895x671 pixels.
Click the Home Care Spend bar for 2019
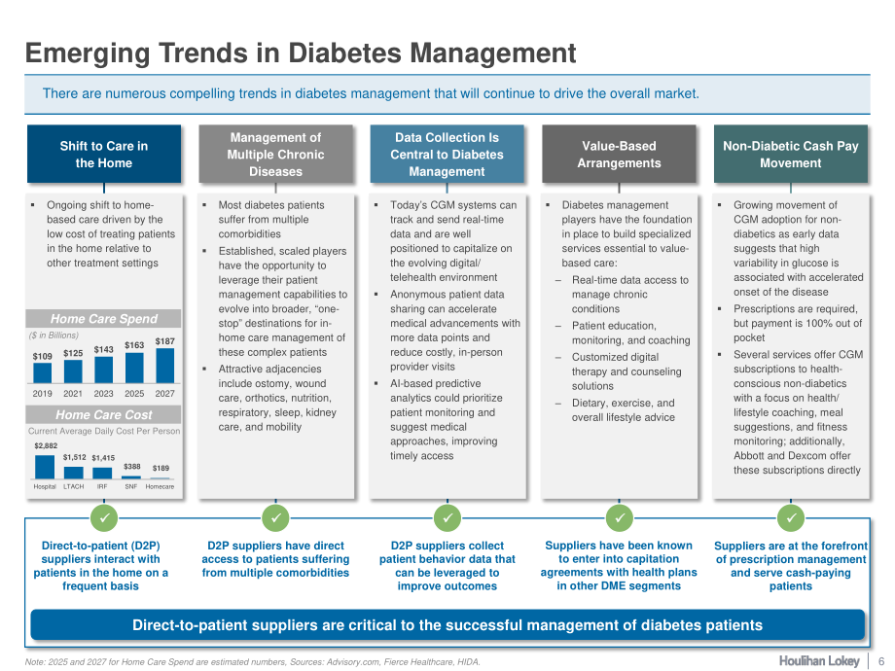click(42, 373)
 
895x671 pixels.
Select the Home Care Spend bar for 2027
click(165, 366)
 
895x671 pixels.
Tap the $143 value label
click(103, 349)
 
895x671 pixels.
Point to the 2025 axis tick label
click(134, 393)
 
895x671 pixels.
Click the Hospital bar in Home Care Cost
click(45, 467)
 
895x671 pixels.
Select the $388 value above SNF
click(132, 466)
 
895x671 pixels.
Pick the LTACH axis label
click(74, 486)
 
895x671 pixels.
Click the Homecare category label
click(160, 486)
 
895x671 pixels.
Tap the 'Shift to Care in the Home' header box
click(104, 154)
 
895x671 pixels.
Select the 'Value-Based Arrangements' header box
click(619, 154)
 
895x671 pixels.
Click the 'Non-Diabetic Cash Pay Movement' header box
click(791, 154)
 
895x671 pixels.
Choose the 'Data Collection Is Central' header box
click(447, 154)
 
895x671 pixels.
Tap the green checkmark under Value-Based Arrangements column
click(620, 518)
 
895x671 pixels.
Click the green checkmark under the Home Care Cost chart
click(104, 518)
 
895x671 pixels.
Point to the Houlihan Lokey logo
click(819, 660)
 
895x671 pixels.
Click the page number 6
click(880, 661)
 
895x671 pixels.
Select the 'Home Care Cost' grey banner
click(103, 414)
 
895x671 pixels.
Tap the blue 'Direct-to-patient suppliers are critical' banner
click(447, 624)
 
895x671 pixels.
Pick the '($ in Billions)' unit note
click(54, 335)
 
